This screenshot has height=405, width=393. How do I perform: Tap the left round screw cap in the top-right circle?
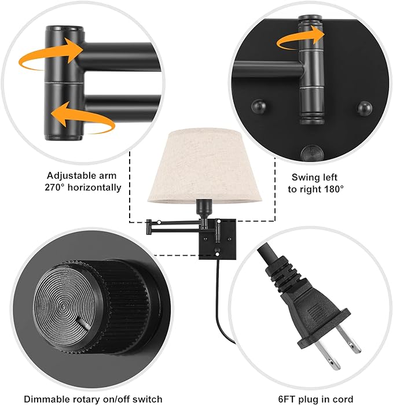click(256, 107)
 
